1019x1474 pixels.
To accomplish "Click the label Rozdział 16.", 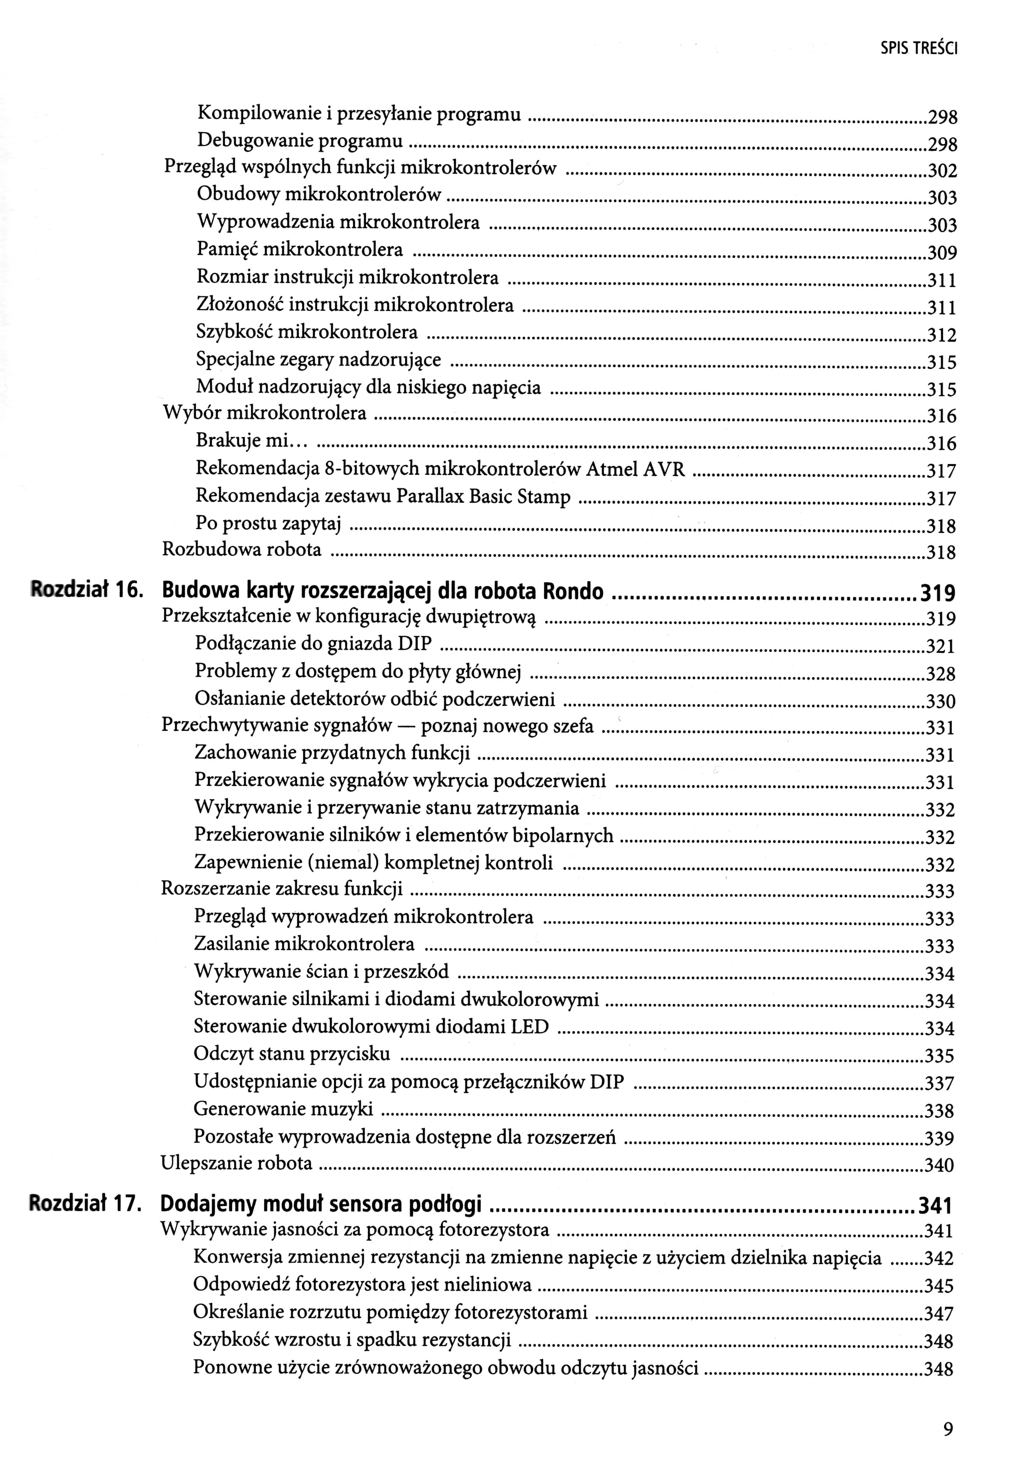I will (85, 591).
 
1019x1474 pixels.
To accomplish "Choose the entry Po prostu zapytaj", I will (268, 524).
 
